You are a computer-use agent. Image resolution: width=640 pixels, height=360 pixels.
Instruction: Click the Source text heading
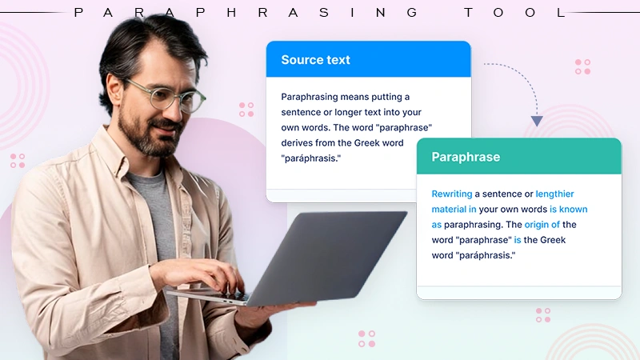click(315, 60)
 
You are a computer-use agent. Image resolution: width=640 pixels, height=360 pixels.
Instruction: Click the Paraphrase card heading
click(466, 157)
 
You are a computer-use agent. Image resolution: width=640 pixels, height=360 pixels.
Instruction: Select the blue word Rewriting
click(452, 194)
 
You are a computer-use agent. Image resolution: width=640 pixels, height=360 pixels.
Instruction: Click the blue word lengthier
click(554, 194)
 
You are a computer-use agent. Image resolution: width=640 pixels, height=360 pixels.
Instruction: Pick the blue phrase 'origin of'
click(542, 225)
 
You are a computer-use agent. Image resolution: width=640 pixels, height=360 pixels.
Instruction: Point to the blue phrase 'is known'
click(568, 210)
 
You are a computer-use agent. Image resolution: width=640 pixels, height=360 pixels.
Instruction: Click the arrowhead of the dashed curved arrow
click(537, 121)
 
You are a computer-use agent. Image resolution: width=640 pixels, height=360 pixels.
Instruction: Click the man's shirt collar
click(112, 148)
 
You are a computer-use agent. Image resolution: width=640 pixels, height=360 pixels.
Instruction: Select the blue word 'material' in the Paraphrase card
click(449, 210)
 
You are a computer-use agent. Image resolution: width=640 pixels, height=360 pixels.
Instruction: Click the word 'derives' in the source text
click(299, 143)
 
